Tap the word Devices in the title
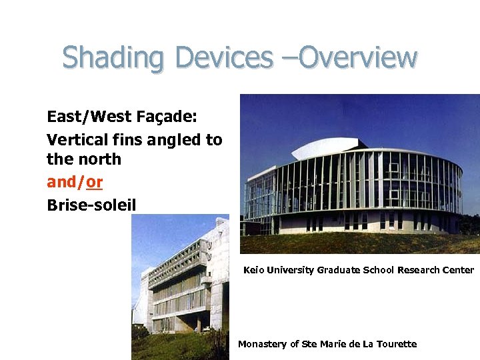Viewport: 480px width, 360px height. (x=223, y=58)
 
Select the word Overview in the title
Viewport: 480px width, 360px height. (x=358, y=58)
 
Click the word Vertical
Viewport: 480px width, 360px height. (x=73, y=139)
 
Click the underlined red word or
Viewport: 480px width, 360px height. (x=94, y=181)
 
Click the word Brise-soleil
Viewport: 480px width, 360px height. (x=91, y=204)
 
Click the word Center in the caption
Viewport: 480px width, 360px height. (x=457, y=270)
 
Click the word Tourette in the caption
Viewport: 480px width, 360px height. (x=396, y=344)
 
